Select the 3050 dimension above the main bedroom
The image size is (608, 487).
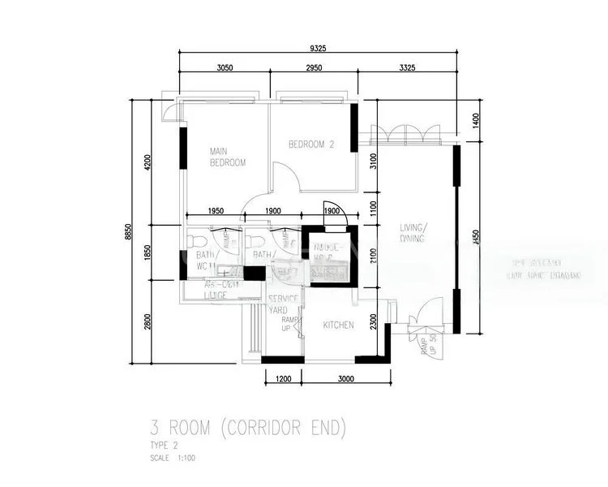(x=225, y=68)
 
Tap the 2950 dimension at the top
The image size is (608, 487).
(x=314, y=68)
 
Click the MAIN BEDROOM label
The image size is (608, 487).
(x=227, y=157)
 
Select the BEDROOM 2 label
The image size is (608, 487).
(x=311, y=144)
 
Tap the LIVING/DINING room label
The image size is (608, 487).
(x=414, y=233)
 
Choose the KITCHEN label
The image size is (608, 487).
(x=339, y=325)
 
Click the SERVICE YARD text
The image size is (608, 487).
(x=284, y=304)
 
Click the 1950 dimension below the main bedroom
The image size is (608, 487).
(x=216, y=211)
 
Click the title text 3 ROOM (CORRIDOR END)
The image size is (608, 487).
(x=248, y=426)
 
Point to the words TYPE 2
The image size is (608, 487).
(x=163, y=446)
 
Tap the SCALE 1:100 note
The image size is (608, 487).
(x=173, y=458)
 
